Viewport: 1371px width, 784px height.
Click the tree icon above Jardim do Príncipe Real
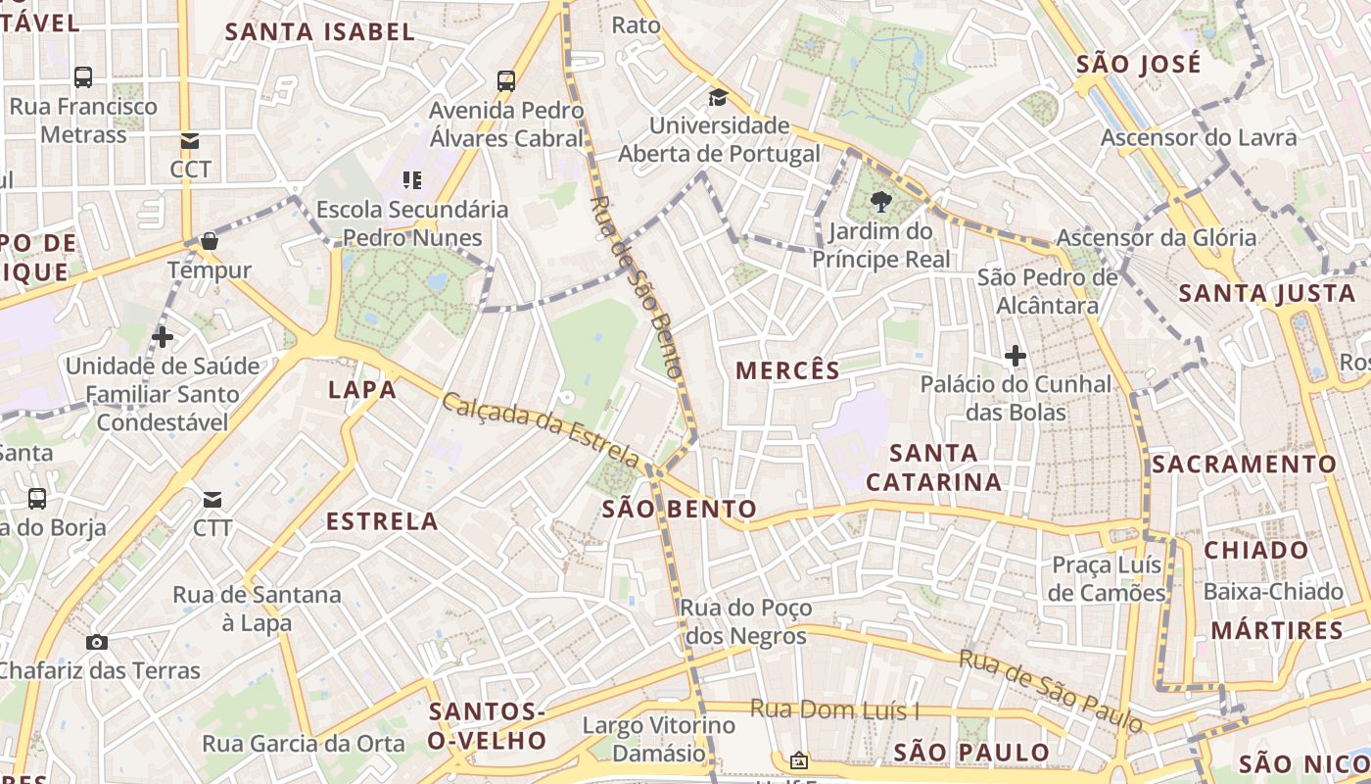tap(880, 202)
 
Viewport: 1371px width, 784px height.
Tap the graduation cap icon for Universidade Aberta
tap(719, 97)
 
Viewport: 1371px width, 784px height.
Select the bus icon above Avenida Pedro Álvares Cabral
tap(506, 81)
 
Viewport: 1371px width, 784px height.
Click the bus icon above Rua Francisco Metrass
tap(83, 77)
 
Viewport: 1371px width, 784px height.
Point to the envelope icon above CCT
tap(190, 141)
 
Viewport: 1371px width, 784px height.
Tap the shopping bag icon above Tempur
tap(209, 241)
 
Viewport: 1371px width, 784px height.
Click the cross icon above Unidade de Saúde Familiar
tap(163, 338)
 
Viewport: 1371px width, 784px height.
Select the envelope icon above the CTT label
tap(213, 500)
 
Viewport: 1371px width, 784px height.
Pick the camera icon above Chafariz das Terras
tap(97, 643)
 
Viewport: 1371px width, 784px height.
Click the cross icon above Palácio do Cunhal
tap(1016, 355)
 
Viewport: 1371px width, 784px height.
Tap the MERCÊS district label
tap(787, 370)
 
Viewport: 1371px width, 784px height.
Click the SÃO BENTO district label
tap(680, 510)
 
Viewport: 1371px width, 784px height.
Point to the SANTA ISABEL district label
tap(320, 32)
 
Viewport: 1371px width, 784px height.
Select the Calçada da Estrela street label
tap(541, 428)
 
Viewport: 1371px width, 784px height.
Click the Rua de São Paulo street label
tap(1051, 691)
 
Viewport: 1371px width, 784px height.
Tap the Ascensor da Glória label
tap(1156, 238)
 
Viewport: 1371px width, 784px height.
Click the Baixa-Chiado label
tap(1273, 592)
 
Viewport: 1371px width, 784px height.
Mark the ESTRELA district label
tap(382, 521)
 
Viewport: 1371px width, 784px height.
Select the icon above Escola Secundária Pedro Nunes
tap(412, 180)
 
